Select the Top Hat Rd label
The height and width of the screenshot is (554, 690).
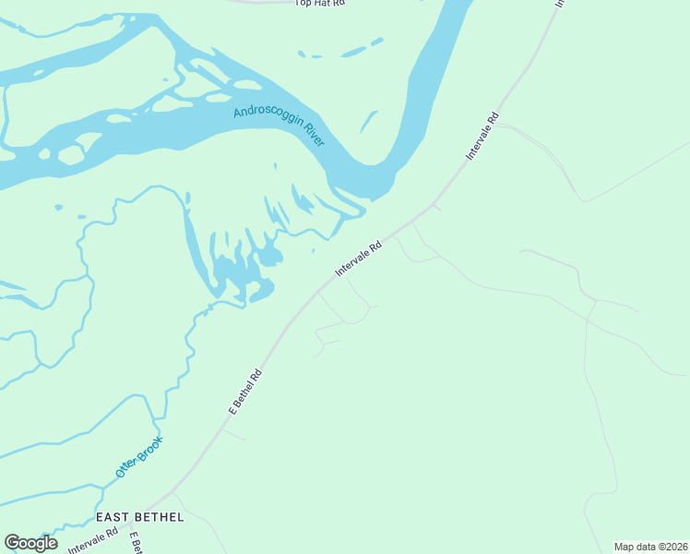click(x=319, y=4)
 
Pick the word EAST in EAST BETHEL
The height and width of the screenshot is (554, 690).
click(x=115, y=517)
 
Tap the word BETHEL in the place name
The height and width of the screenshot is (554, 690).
click(x=162, y=517)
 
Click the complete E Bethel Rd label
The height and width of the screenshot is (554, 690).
click(x=246, y=391)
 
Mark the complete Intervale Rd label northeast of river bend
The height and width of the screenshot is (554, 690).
click(x=482, y=137)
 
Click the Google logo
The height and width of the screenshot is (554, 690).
click(x=30, y=543)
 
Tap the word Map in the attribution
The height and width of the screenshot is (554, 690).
click(x=625, y=546)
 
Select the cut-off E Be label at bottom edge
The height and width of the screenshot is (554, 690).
click(x=135, y=543)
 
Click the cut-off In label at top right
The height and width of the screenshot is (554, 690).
click(x=558, y=4)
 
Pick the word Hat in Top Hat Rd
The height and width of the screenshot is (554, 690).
click(x=320, y=4)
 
